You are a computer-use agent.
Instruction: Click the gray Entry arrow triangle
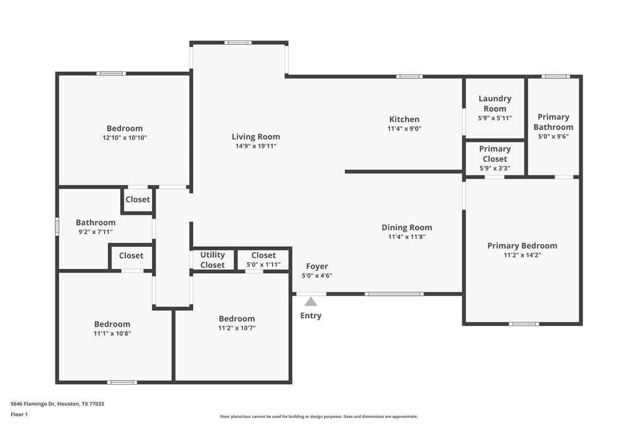(x=311, y=301)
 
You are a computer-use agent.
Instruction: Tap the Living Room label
(x=256, y=137)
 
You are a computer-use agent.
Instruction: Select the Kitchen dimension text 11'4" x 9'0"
(x=404, y=128)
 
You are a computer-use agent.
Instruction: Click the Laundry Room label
(x=495, y=104)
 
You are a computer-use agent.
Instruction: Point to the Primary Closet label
(x=495, y=154)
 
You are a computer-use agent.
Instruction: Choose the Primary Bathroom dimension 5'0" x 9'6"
(x=553, y=136)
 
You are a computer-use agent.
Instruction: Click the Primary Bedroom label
(x=523, y=246)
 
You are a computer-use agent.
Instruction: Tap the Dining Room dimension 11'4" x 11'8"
(x=407, y=237)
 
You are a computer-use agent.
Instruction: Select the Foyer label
(x=317, y=266)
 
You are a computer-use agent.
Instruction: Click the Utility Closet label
(x=212, y=259)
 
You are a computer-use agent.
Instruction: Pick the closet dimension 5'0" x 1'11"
(x=264, y=264)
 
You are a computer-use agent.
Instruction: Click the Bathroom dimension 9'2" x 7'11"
(x=95, y=232)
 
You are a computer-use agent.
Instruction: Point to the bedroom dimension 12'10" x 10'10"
(x=125, y=138)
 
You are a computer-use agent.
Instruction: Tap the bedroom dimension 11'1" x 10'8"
(x=112, y=334)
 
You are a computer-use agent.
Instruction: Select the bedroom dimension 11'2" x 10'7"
(x=237, y=329)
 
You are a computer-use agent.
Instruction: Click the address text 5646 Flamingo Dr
(x=33, y=404)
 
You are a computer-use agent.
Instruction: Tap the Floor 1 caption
(x=19, y=414)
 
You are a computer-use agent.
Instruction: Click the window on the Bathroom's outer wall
(x=57, y=227)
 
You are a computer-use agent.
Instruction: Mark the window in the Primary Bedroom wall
(x=524, y=324)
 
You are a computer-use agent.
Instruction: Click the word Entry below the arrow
(x=311, y=315)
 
